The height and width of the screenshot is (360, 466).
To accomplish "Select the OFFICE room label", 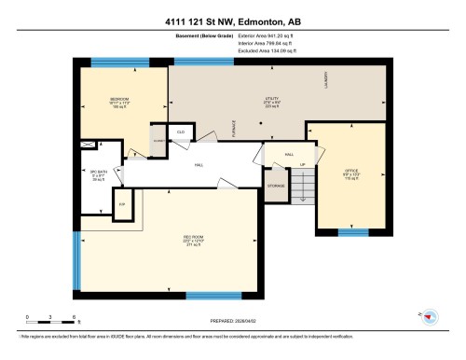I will [x=350, y=172].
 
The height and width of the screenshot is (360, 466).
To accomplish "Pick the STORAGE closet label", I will [x=275, y=185].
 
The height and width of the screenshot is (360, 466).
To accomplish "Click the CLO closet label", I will [x=180, y=133].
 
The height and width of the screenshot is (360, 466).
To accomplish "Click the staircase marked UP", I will [x=301, y=182].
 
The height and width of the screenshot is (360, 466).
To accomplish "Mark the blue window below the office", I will [x=352, y=232].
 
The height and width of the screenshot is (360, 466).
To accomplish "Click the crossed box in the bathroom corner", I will [x=89, y=145].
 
